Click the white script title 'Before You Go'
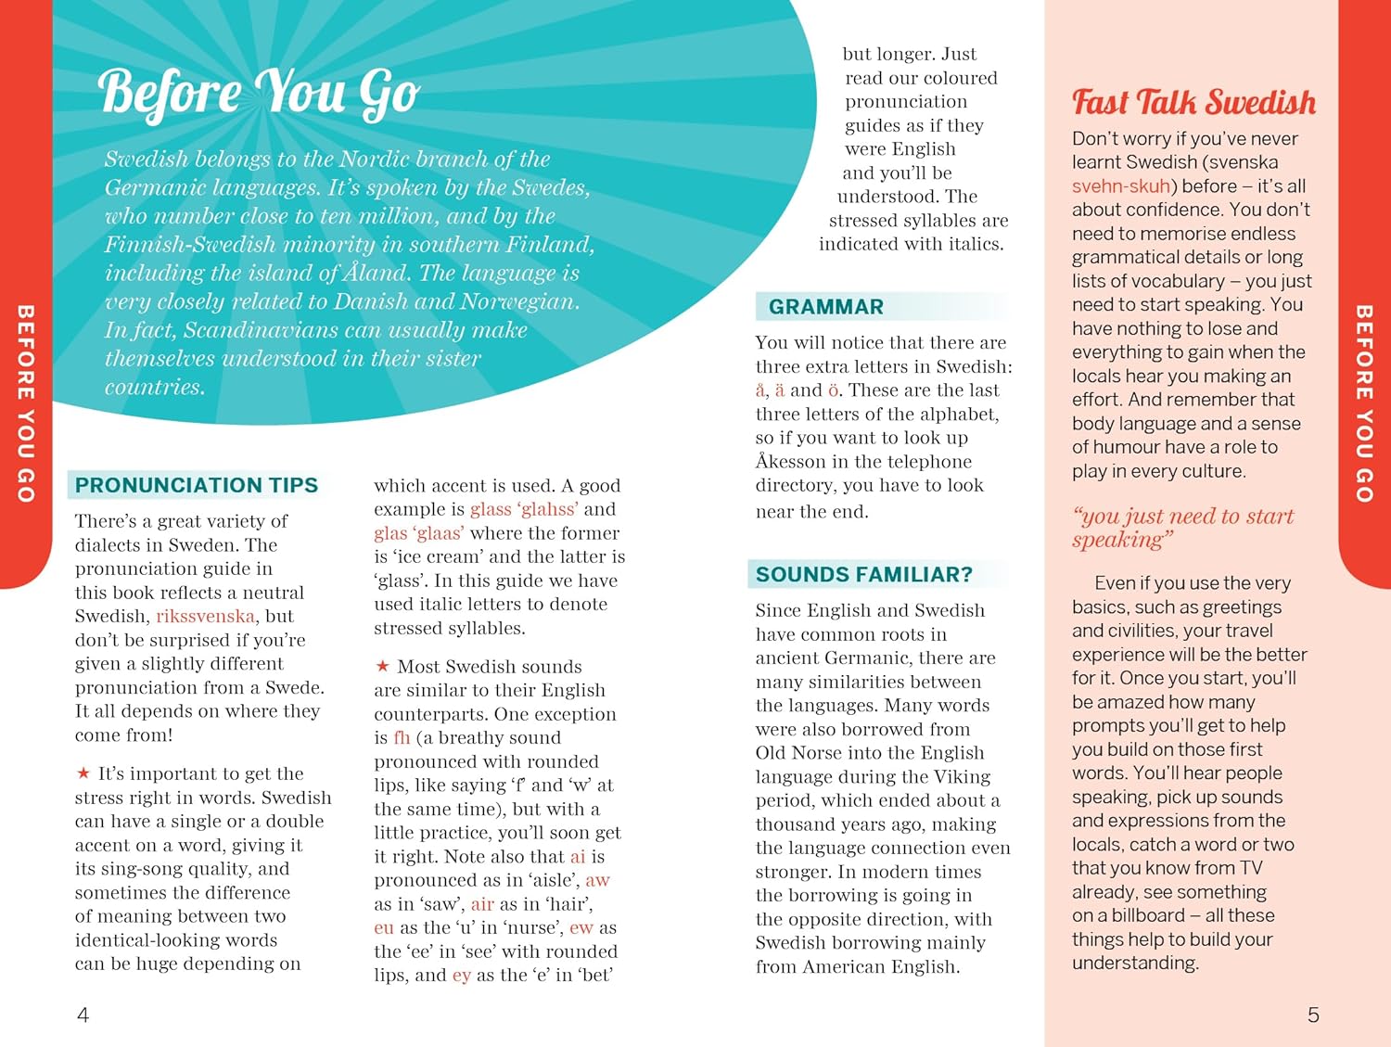[x=259, y=94]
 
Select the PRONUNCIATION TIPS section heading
[x=197, y=485]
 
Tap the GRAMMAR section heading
[x=826, y=307]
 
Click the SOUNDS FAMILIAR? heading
[x=863, y=575]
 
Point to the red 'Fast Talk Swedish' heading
[x=1193, y=102]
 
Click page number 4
[x=83, y=1015]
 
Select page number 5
[x=1313, y=1015]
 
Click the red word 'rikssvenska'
[x=205, y=617]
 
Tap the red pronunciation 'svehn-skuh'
[x=1120, y=186]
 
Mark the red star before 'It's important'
[x=83, y=773]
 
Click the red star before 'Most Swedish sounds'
[x=382, y=666]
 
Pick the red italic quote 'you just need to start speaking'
[x=1181, y=528]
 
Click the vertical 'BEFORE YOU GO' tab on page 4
[x=26, y=403]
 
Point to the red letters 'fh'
[x=402, y=738]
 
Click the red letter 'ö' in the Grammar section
[x=834, y=390]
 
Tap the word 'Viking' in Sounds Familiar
[x=962, y=777]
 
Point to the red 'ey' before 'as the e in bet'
[x=461, y=976]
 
